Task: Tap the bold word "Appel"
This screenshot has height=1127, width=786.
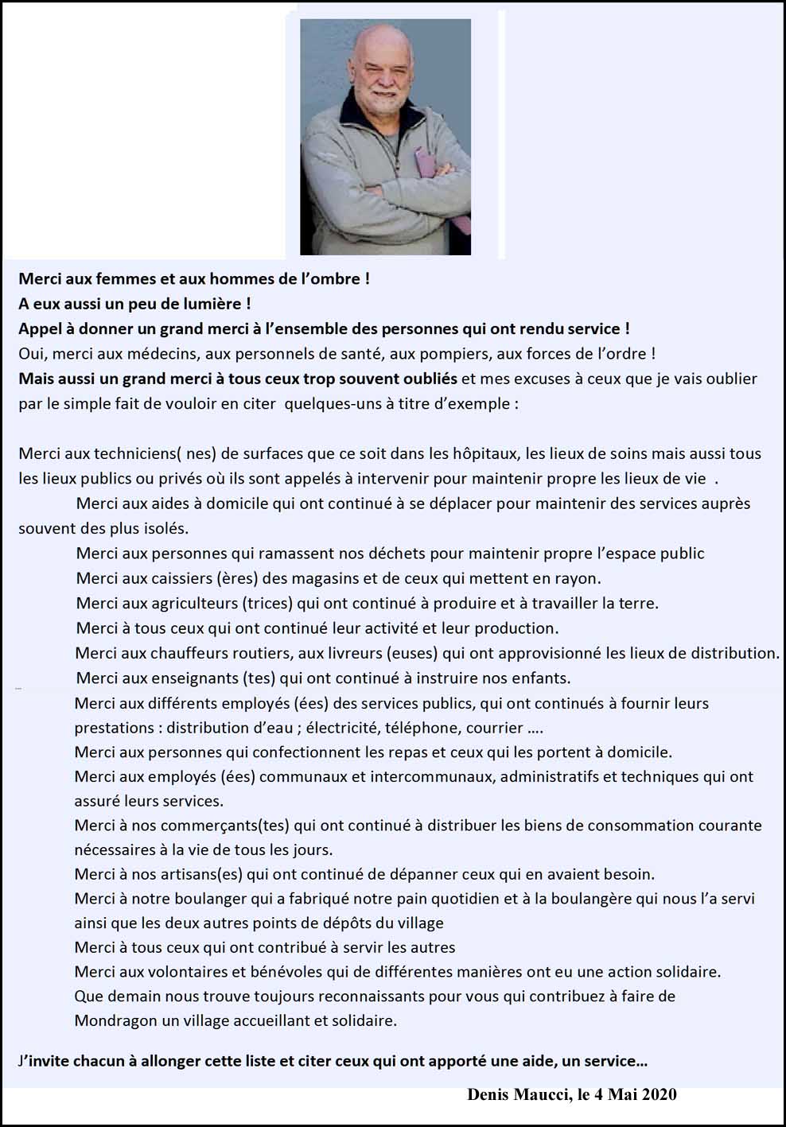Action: [x=40, y=329]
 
